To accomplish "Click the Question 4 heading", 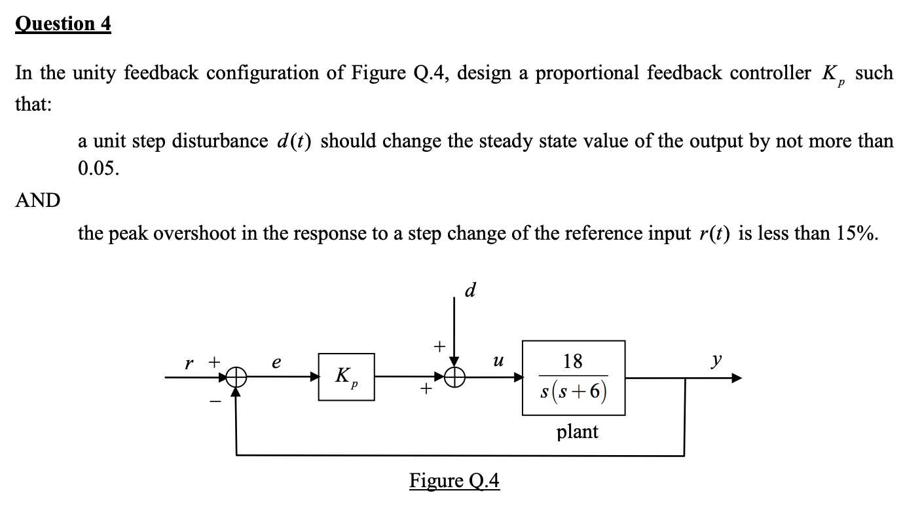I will click(x=64, y=24).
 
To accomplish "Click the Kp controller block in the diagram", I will click(x=346, y=377).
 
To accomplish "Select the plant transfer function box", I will click(x=573, y=378).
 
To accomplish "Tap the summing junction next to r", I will click(x=236, y=377).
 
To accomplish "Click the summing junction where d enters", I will click(x=454, y=377).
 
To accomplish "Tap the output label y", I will click(x=718, y=359).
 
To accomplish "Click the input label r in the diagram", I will click(x=189, y=361).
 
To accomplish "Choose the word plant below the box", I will click(x=577, y=432).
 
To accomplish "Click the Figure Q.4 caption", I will click(x=454, y=481).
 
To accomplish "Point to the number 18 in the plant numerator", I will click(x=573, y=361).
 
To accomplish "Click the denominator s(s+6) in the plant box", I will click(x=573, y=393).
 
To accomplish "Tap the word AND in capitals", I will click(x=37, y=200).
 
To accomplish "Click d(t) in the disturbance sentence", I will click(x=293, y=141).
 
